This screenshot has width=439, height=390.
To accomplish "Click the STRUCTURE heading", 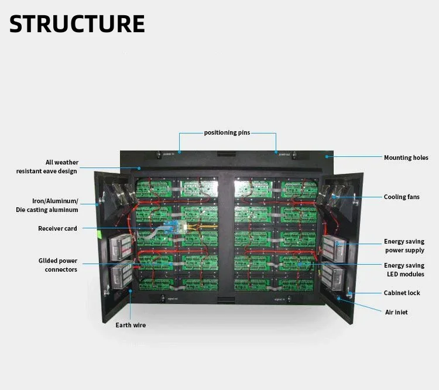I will tap(77, 23).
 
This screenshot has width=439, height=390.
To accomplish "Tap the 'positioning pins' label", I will tap(227, 133).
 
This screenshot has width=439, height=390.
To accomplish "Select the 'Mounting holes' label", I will tap(406, 158).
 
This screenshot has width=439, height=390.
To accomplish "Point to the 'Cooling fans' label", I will tap(401, 197).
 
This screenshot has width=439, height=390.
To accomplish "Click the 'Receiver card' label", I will tap(57, 228).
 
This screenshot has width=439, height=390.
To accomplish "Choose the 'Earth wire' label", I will tap(131, 325).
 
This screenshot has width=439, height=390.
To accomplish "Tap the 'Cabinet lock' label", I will tap(402, 293).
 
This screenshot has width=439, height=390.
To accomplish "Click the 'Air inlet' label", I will tap(396, 312).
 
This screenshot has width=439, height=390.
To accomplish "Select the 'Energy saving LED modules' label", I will tap(404, 270).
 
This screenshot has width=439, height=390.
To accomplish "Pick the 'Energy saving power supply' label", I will tap(404, 246).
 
